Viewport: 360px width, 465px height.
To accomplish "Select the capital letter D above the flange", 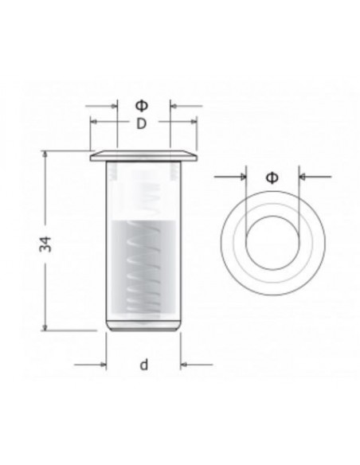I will click(141, 123).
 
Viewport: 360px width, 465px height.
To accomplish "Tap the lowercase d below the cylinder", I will click(143, 365).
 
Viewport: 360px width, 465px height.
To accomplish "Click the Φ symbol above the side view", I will click(142, 104).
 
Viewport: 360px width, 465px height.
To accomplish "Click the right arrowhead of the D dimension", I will click(191, 122).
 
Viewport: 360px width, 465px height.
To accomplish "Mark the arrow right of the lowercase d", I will click(186, 365).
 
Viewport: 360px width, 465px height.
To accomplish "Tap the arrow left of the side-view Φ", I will click(111, 105).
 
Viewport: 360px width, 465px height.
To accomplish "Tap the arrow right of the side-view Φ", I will click(174, 105).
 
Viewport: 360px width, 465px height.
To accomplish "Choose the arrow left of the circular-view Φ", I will click(241, 177).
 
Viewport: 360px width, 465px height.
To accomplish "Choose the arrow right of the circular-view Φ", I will click(304, 177).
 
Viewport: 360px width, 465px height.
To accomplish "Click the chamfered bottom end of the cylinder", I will click(143, 326).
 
